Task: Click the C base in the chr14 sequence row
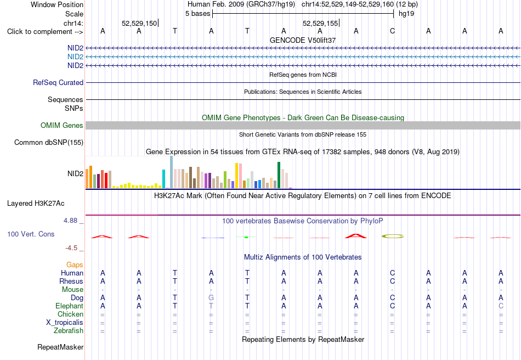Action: [392, 31]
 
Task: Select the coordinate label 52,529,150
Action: [139, 23]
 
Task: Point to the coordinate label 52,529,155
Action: [320, 23]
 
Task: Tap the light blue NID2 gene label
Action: [76, 57]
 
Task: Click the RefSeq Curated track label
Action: [58, 82]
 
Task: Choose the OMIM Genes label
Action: [62, 125]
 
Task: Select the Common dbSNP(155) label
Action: [49, 142]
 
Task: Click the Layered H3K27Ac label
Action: [36, 204]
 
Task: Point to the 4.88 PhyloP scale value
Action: [70, 221]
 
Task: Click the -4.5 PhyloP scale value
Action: [71, 248]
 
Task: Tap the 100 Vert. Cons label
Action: [31, 234]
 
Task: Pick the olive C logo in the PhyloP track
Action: [393, 237]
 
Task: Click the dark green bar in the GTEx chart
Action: [279, 175]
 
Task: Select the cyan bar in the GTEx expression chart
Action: [163, 179]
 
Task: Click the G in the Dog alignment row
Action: [211, 298]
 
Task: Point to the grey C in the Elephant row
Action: [501, 306]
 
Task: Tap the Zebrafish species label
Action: [69, 331]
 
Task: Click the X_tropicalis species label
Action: [65, 323]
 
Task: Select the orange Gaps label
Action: [75, 265]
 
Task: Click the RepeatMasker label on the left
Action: [60, 347]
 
